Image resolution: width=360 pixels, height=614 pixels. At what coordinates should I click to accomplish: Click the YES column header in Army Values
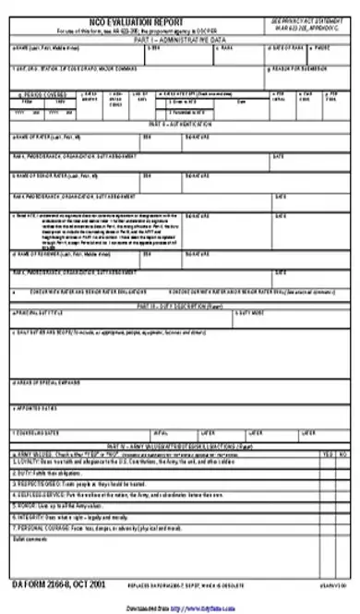[328, 454]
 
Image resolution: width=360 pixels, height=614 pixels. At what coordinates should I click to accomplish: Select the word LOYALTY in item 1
[27, 463]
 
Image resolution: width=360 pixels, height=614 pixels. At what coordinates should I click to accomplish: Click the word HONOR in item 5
[25, 506]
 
